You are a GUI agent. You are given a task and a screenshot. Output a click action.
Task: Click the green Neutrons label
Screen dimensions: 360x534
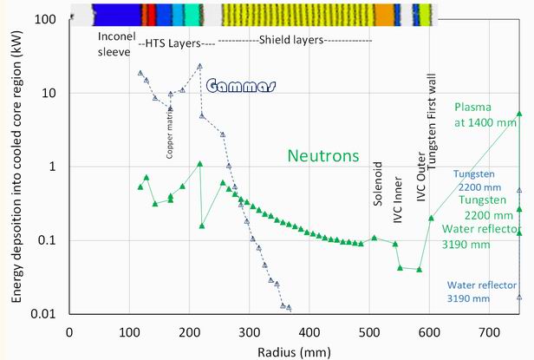tap(323, 156)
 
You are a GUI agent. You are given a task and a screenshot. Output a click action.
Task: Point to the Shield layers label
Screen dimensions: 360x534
tap(295, 41)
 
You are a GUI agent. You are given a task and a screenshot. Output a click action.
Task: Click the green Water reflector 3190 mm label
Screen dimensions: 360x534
tap(479, 236)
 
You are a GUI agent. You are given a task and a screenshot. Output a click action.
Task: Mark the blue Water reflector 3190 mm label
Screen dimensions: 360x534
tap(482, 291)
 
